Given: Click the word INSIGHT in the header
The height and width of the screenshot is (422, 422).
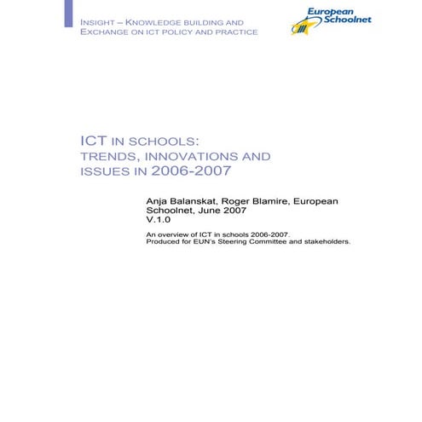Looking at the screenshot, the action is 98,20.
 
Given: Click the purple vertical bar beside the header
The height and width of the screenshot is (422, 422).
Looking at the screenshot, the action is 68,13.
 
